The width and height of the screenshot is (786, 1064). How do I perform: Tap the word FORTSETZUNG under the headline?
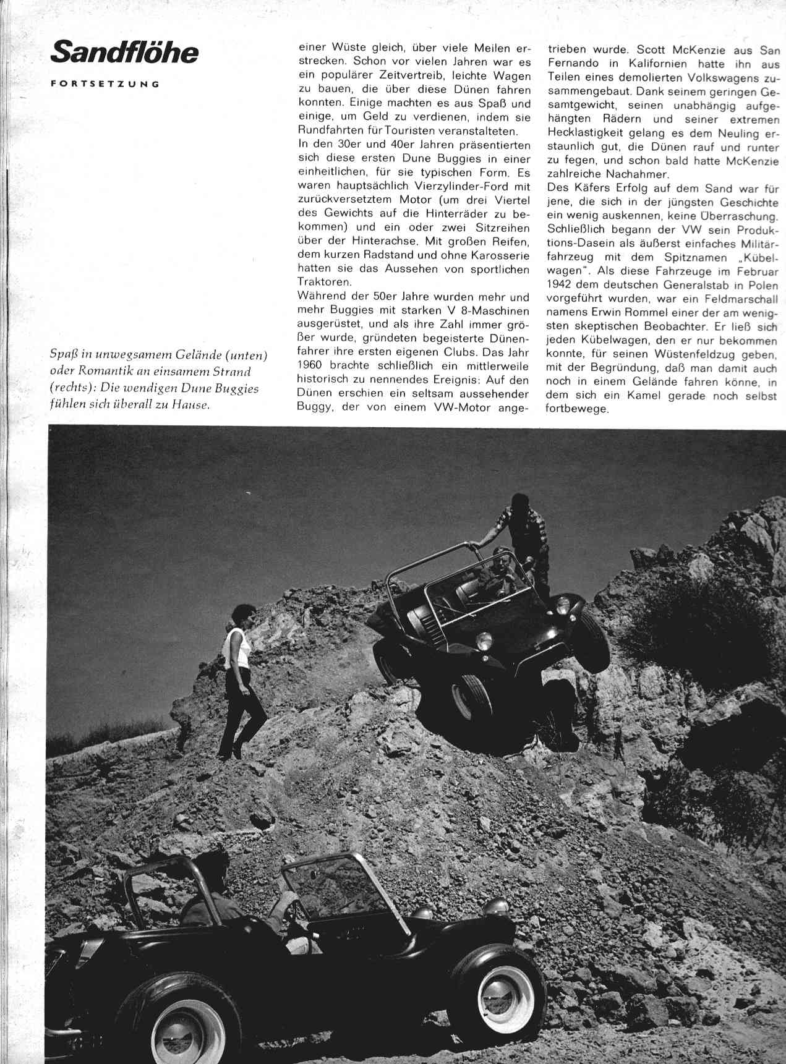pyautogui.click(x=106, y=84)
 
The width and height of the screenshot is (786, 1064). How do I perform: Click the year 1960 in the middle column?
pyautogui.click(x=312, y=365)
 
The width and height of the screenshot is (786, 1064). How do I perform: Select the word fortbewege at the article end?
pyautogui.click(x=574, y=409)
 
